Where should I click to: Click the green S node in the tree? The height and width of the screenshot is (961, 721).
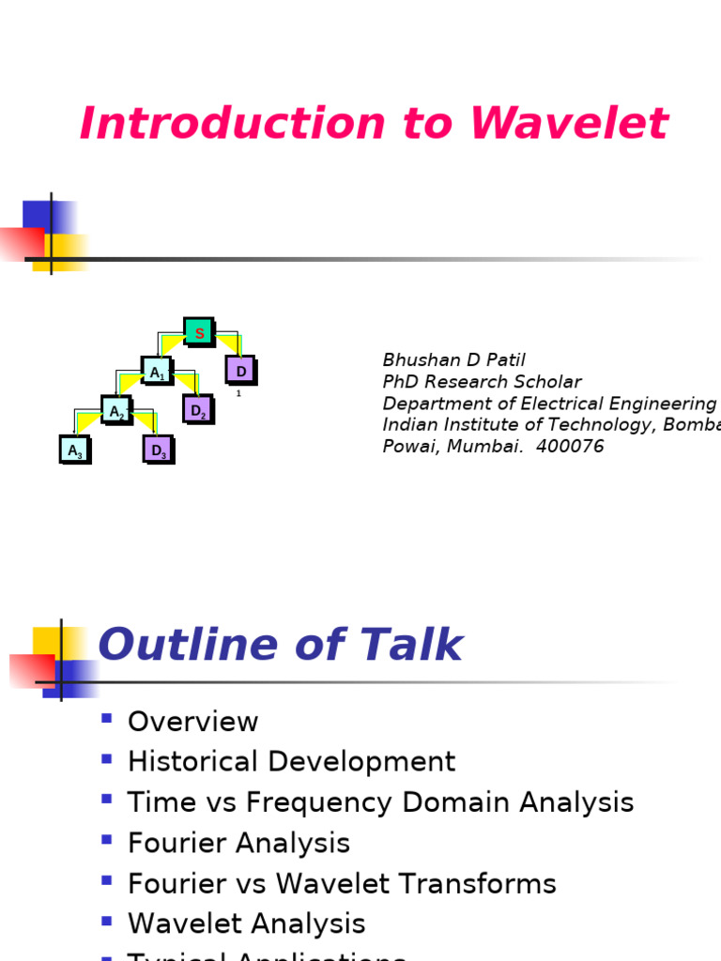[199, 332]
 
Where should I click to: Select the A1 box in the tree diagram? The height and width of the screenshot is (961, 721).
[157, 372]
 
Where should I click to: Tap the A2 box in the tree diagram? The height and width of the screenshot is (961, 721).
[116, 411]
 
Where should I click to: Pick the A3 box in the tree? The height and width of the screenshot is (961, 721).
[75, 450]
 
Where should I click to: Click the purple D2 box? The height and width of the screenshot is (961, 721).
[198, 410]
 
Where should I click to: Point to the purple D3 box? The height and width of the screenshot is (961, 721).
[159, 450]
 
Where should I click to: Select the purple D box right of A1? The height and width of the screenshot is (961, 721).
[241, 372]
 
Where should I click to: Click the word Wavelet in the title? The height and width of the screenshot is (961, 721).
[569, 124]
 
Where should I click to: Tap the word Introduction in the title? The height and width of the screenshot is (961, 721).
[232, 124]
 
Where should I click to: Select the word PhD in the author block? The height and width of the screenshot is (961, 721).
[400, 382]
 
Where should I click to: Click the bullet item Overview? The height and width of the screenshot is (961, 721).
[192, 722]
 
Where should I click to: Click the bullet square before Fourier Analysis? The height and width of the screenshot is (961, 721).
[106, 840]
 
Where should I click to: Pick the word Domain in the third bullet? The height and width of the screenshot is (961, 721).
[441, 802]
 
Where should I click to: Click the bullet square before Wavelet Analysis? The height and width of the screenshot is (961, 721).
[106, 921]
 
